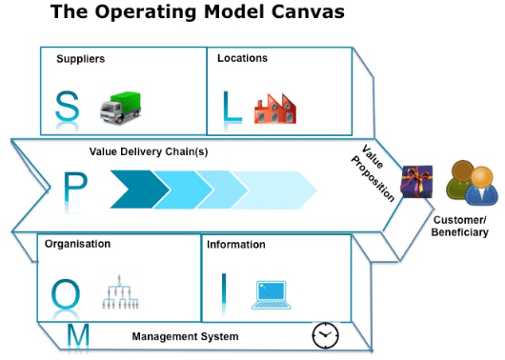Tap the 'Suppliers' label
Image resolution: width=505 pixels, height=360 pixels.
coord(80,59)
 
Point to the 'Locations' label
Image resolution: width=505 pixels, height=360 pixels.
coord(242,58)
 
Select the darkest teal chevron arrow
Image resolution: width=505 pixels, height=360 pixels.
coord(140,189)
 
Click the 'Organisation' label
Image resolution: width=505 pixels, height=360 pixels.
coord(78,244)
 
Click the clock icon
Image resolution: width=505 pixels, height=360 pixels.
coord(326,335)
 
